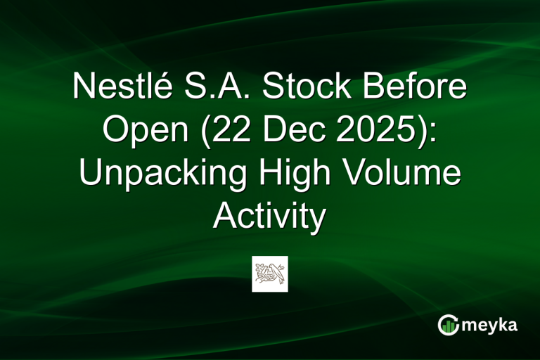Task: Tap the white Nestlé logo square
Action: [270, 274]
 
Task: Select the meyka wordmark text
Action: [491, 325]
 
